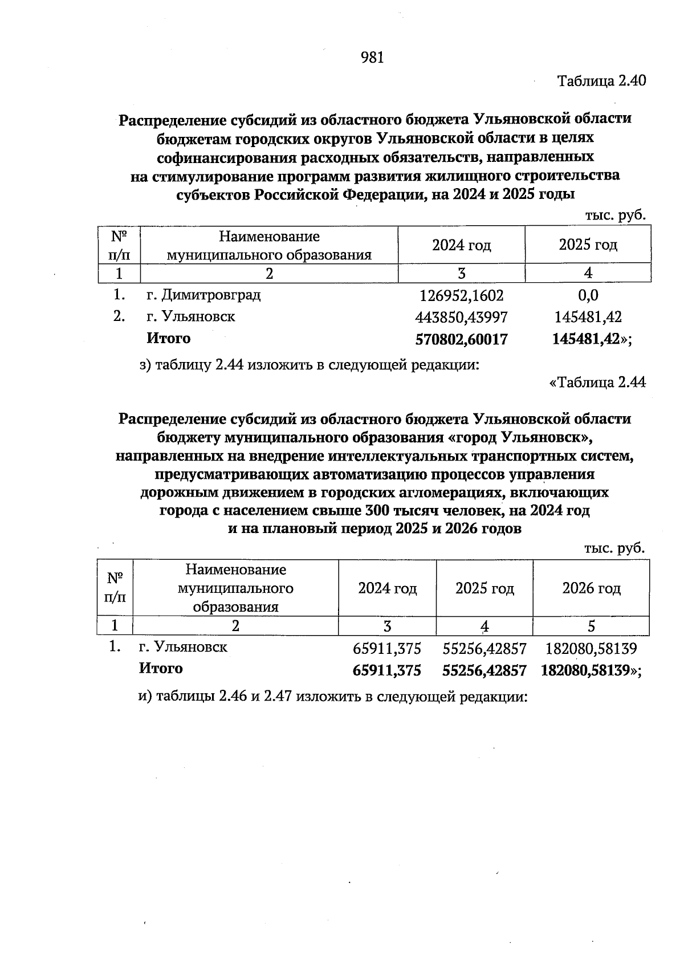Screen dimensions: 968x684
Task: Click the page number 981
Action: pos(372,58)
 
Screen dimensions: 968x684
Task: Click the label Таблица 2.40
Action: pos(601,80)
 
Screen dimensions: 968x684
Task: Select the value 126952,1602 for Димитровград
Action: pos(461,296)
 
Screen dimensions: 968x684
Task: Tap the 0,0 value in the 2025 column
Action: pos(588,295)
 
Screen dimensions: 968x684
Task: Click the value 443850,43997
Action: pos(461,317)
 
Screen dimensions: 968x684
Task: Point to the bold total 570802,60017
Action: pos(461,340)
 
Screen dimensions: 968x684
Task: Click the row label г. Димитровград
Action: pos(203,295)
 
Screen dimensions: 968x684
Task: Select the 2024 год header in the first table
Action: pos(461,245)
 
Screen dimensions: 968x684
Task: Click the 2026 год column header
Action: pos(591,588)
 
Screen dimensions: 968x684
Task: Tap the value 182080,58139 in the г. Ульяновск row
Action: pos(591,648)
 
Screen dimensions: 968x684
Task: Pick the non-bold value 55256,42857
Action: pos(484,648)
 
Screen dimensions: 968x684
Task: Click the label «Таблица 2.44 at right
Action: pos(597,383)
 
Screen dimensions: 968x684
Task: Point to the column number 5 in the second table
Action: pos(591,627)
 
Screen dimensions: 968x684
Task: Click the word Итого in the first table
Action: pos(169,339)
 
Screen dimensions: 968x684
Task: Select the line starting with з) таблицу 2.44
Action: pos(309,365)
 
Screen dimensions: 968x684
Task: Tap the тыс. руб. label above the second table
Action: pos(614,548)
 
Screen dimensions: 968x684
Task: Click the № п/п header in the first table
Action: pos(119,245)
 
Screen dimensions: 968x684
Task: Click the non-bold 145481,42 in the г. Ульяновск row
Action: pos(588,317)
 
